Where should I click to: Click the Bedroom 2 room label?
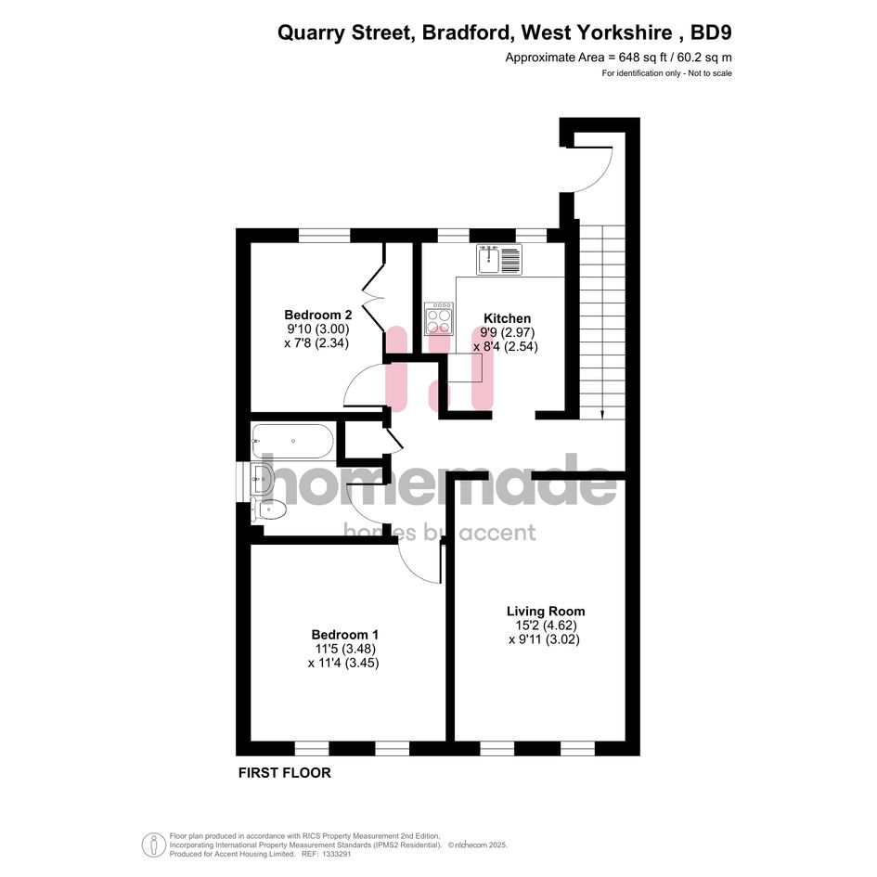click(317, 315)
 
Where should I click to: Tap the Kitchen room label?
click(507, 318)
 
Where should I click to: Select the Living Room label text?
click(546, 612)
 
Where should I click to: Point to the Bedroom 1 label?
click(344, 635)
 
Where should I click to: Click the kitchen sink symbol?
click(499, 260)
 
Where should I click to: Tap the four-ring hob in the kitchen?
click(439, 319)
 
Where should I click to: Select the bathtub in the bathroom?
click(292, 442)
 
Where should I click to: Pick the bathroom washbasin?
click(262, 479)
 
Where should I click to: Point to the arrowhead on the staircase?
click(602, 415)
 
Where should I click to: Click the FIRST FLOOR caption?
click(285, 773)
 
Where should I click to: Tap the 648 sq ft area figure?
click(642, 57)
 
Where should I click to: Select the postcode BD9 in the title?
click(711, 32)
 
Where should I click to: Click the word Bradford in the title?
click(466, 32)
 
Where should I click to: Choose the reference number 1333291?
click(334, 854)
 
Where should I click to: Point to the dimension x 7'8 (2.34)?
click(316, 342)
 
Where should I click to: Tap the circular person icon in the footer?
click(154, 845)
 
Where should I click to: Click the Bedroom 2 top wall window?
click(325, 236)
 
